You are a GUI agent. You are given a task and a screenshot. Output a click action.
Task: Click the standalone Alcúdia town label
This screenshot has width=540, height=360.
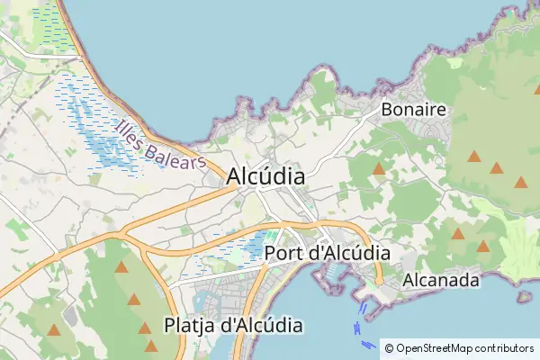coord(265,176)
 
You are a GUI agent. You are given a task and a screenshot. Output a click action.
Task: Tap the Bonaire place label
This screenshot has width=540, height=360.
coord(414,110)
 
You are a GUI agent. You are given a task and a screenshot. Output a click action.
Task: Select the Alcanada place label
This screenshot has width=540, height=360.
coord(441,280)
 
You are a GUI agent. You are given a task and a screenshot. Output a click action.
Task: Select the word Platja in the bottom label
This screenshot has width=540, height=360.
coord(190,324)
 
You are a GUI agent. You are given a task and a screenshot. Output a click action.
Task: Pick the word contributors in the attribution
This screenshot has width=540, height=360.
coord(504,347)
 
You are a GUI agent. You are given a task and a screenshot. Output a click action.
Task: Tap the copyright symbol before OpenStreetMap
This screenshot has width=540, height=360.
coord(389,347)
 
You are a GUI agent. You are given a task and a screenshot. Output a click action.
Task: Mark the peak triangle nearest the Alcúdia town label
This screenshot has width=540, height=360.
coord(379,168)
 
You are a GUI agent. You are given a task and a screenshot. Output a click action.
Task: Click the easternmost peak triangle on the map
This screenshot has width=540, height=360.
coord(520,182)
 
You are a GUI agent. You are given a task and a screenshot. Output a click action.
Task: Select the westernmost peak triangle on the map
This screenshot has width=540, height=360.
coord(53,330)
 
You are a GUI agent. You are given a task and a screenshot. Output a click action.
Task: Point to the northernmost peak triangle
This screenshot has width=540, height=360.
coord(473,156)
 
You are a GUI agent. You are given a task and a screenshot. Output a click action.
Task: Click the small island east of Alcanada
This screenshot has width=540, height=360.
coord(524,296)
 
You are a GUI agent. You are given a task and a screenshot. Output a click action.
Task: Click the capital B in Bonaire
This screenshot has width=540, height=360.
coord(388,110)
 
